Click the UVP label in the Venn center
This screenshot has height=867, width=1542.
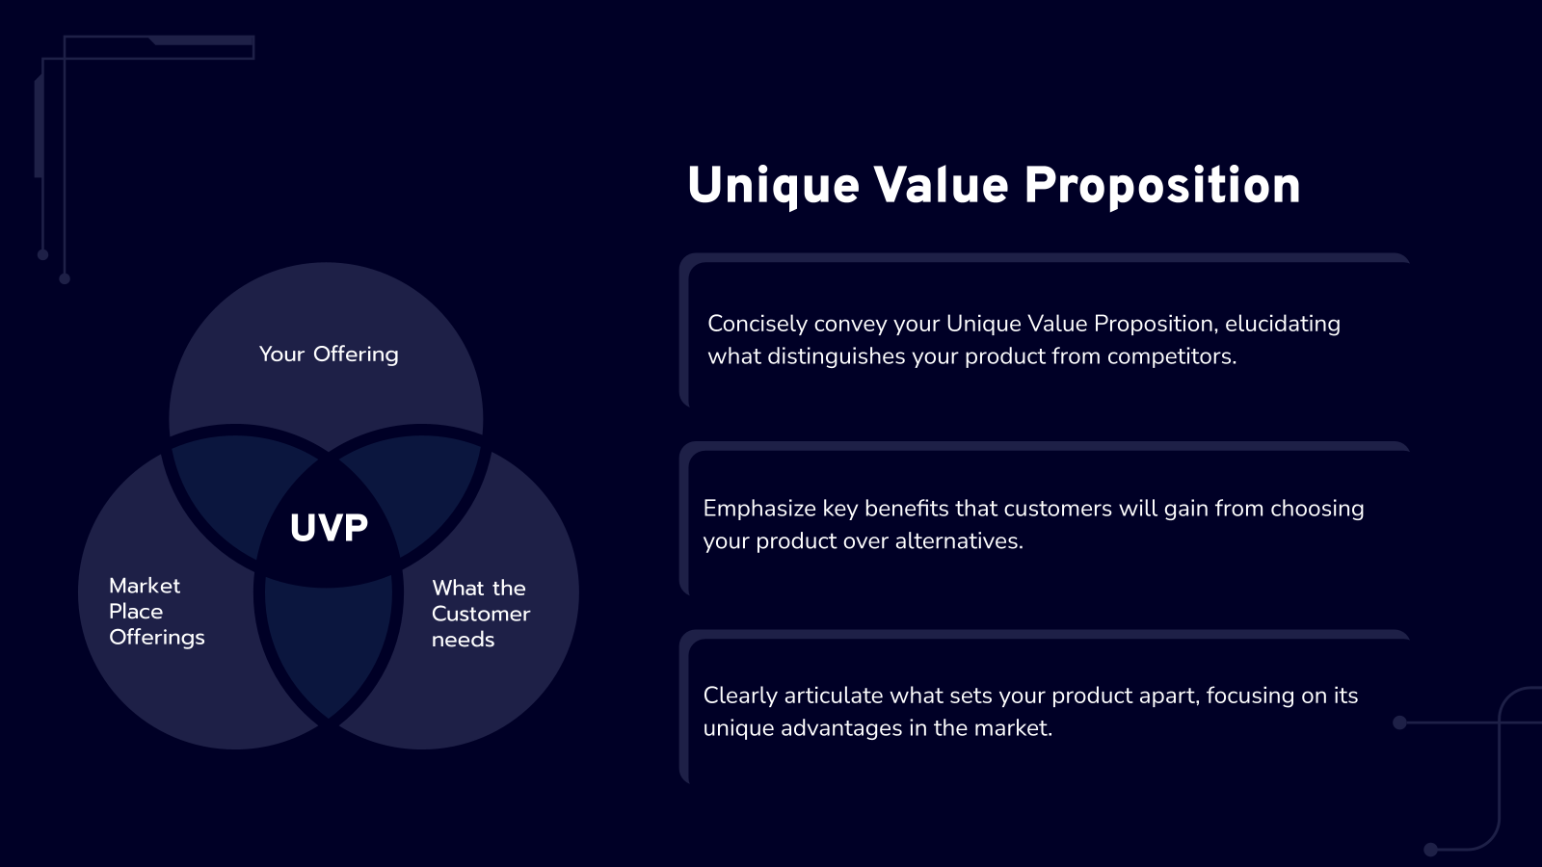[329, 528]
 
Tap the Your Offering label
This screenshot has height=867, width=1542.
[329, 355]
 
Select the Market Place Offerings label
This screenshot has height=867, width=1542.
[156, 612]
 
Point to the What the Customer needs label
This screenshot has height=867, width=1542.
[480, 614]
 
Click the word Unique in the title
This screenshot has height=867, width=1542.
[773, 186]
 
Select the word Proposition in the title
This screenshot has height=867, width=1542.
[1161, 186]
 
